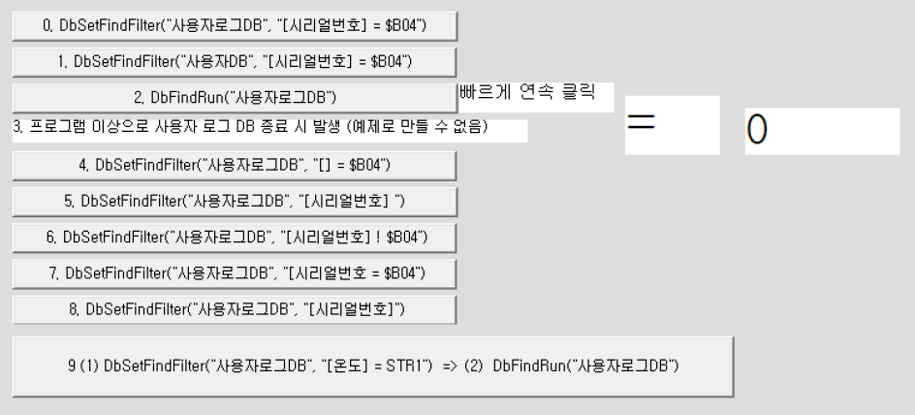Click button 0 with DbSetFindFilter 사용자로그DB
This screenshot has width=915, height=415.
(234, 26)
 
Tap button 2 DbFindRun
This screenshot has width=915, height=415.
(234, 97)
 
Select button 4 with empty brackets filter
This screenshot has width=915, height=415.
(234, 165)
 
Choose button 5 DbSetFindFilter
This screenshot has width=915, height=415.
(234, 201)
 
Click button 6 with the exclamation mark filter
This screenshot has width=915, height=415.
(234, 237)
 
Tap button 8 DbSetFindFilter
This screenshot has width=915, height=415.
(234, 309)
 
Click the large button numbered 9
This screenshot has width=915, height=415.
(372, 366)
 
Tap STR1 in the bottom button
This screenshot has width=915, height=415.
(406, 366)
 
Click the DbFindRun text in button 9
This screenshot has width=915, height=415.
(531, 366)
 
